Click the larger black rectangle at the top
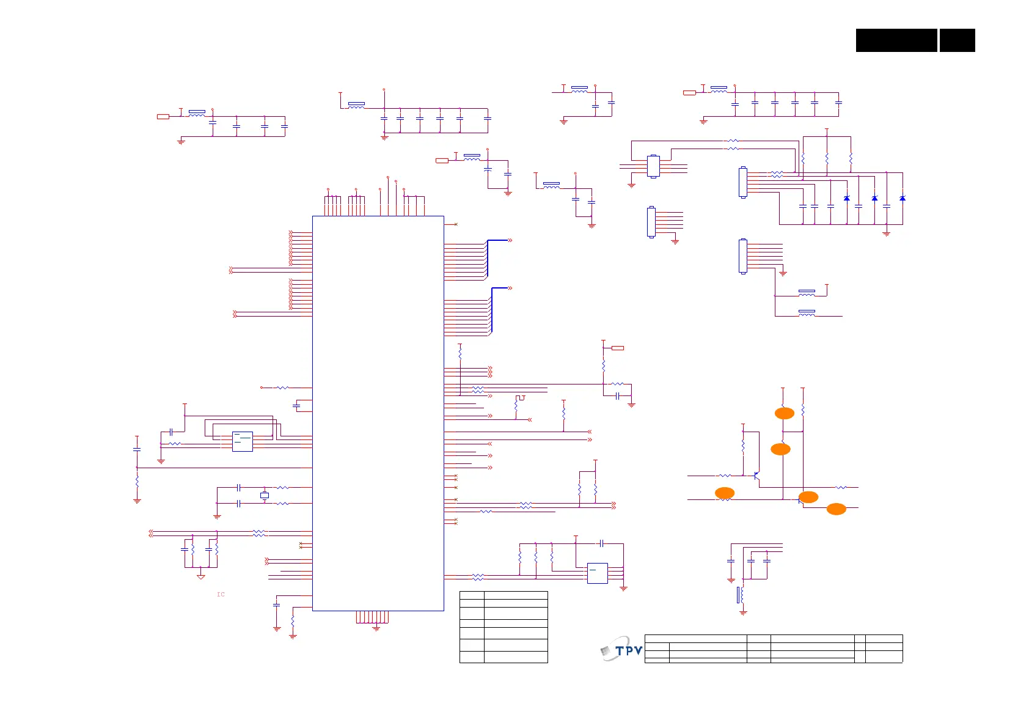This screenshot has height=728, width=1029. point(896,40)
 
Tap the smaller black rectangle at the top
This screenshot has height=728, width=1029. point(957,40)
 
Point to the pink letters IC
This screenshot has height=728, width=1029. point(221,594)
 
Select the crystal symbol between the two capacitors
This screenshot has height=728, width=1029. point(265,495)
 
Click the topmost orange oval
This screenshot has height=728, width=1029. point(785,413)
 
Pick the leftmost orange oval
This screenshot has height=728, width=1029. point(725,493)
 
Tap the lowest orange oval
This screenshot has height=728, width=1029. point(836,509)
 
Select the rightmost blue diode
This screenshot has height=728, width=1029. point(903,198)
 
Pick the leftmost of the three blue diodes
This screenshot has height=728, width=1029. point(846,198)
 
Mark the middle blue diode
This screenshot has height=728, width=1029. point(874,198)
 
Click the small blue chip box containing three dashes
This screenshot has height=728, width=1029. point(243,441)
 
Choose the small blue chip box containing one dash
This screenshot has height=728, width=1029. point(597,573)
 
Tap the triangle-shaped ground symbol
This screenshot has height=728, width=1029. point(200,576)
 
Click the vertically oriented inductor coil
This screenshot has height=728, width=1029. point(741,594)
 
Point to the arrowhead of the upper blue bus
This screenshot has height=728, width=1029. point(510,240)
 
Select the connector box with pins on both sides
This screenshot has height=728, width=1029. point(653,166)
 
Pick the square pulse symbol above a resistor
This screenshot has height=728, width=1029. point(520,398)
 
